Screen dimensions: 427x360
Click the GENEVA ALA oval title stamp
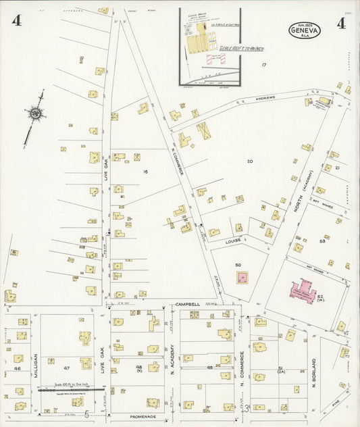coord(305,30)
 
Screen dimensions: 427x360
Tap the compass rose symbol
coord(35,114)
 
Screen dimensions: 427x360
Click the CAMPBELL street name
coord(188,305)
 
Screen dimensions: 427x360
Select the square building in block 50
coord(241,277)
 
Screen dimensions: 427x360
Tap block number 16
coord(145,172)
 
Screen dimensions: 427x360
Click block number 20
coord(249,161)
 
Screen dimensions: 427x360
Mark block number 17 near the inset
coord(264,65)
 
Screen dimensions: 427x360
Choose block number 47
coord(67,368)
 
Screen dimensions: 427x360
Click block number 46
coord(18,369)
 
